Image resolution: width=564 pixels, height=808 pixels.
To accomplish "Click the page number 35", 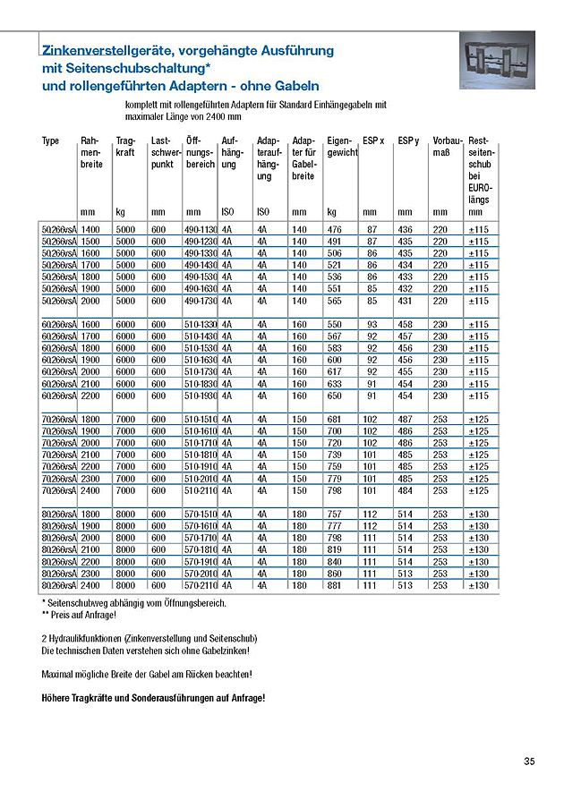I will tap(529, 761).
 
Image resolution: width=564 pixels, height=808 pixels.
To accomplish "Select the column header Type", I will tap(50, 141).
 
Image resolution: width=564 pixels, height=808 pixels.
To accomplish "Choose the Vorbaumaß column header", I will tap(447, 147).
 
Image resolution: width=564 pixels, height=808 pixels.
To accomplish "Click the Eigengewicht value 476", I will tap(335, 230).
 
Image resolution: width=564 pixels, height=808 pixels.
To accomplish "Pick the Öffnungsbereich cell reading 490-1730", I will tap(201, 301).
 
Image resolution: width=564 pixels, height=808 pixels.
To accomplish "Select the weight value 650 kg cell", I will tap(335, 395).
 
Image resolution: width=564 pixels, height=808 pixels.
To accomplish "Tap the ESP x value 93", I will tap(372, 324).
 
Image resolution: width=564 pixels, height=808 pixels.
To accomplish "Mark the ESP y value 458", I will tap(405, 324).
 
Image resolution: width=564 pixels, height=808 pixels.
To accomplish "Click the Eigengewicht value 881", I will tap(335, 584).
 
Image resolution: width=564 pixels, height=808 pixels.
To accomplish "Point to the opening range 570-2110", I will tap(201, 584).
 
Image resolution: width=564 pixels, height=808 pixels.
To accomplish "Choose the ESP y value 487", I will tap(405, 419).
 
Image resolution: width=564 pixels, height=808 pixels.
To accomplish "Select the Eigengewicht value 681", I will tap(335, 419).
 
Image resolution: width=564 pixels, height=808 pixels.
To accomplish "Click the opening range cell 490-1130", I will tap(201, 230).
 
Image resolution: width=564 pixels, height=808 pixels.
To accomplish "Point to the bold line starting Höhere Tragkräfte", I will tap(153, 697).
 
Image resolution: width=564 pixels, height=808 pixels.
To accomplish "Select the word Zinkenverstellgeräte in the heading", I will tap(108, 51).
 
